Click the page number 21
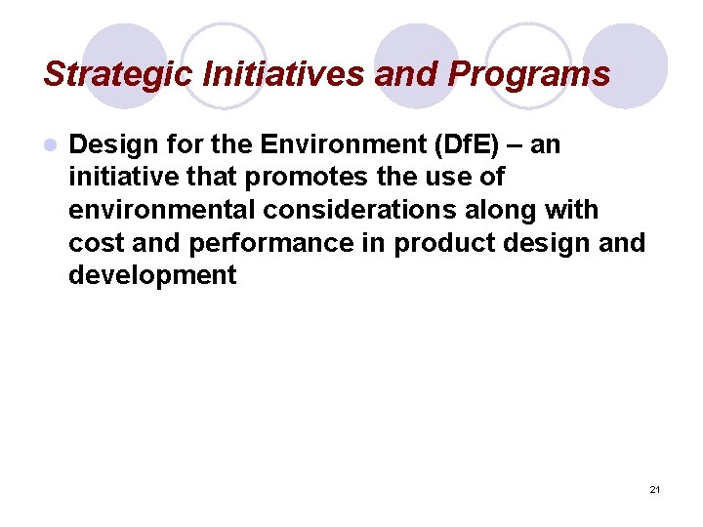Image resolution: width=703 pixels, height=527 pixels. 654,488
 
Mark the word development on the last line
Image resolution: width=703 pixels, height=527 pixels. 152,275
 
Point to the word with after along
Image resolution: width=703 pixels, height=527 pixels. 566,210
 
